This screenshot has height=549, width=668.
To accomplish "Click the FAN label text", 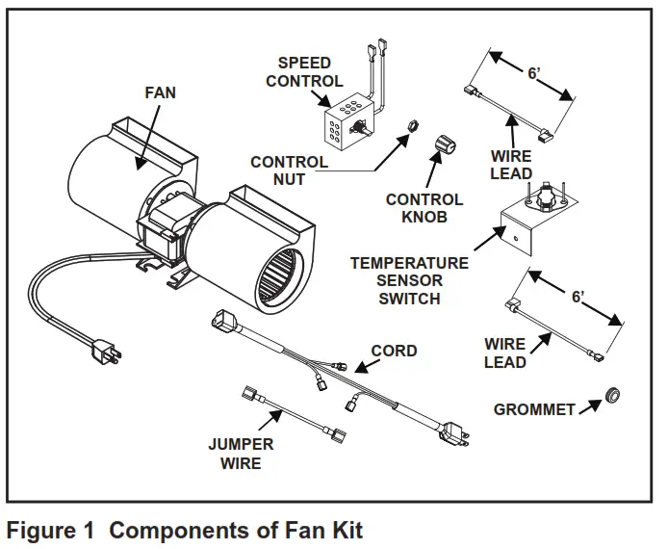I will tap(161, 93).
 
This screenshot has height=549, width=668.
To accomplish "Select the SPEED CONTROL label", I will tap(304, 72).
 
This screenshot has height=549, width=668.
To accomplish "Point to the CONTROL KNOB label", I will tap(424, 208).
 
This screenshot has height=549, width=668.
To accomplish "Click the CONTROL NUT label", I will tap(289, 170).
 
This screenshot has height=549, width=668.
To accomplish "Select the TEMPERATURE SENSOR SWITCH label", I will tap(409, 280).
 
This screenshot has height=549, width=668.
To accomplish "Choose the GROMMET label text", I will tap(534, 409).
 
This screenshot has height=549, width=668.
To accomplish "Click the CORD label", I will tap(394, 351).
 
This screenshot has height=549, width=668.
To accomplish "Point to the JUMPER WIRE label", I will tap(241, 454).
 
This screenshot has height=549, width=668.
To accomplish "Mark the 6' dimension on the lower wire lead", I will tap(578, 297).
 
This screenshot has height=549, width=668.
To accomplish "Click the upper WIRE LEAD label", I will tap(511, 165).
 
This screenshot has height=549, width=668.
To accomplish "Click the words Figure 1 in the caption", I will tap(53, 529).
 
